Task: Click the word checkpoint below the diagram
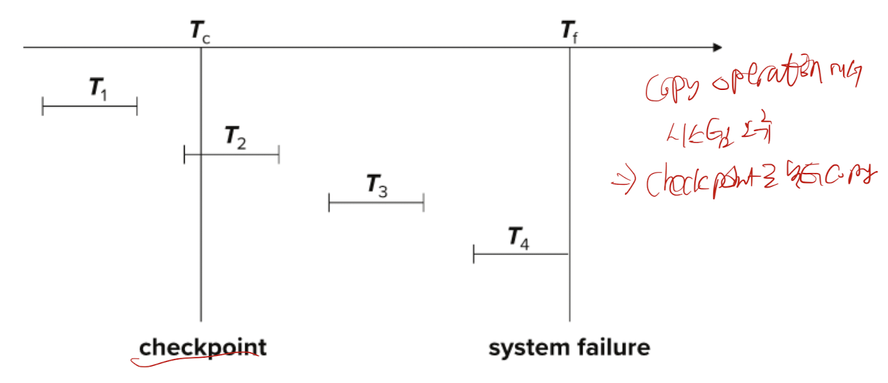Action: [x=203, y=348]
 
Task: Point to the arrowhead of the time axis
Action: [x=716, y=47]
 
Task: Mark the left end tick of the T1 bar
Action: [x=42, y=107]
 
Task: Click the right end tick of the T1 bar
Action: [x=137, y=107]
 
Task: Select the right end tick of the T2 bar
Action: [x=279, y=155]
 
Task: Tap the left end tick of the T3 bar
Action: [x=329, y=202]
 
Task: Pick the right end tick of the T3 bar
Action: [x=424, y=202]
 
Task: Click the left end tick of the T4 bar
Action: [x=474, y=254]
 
